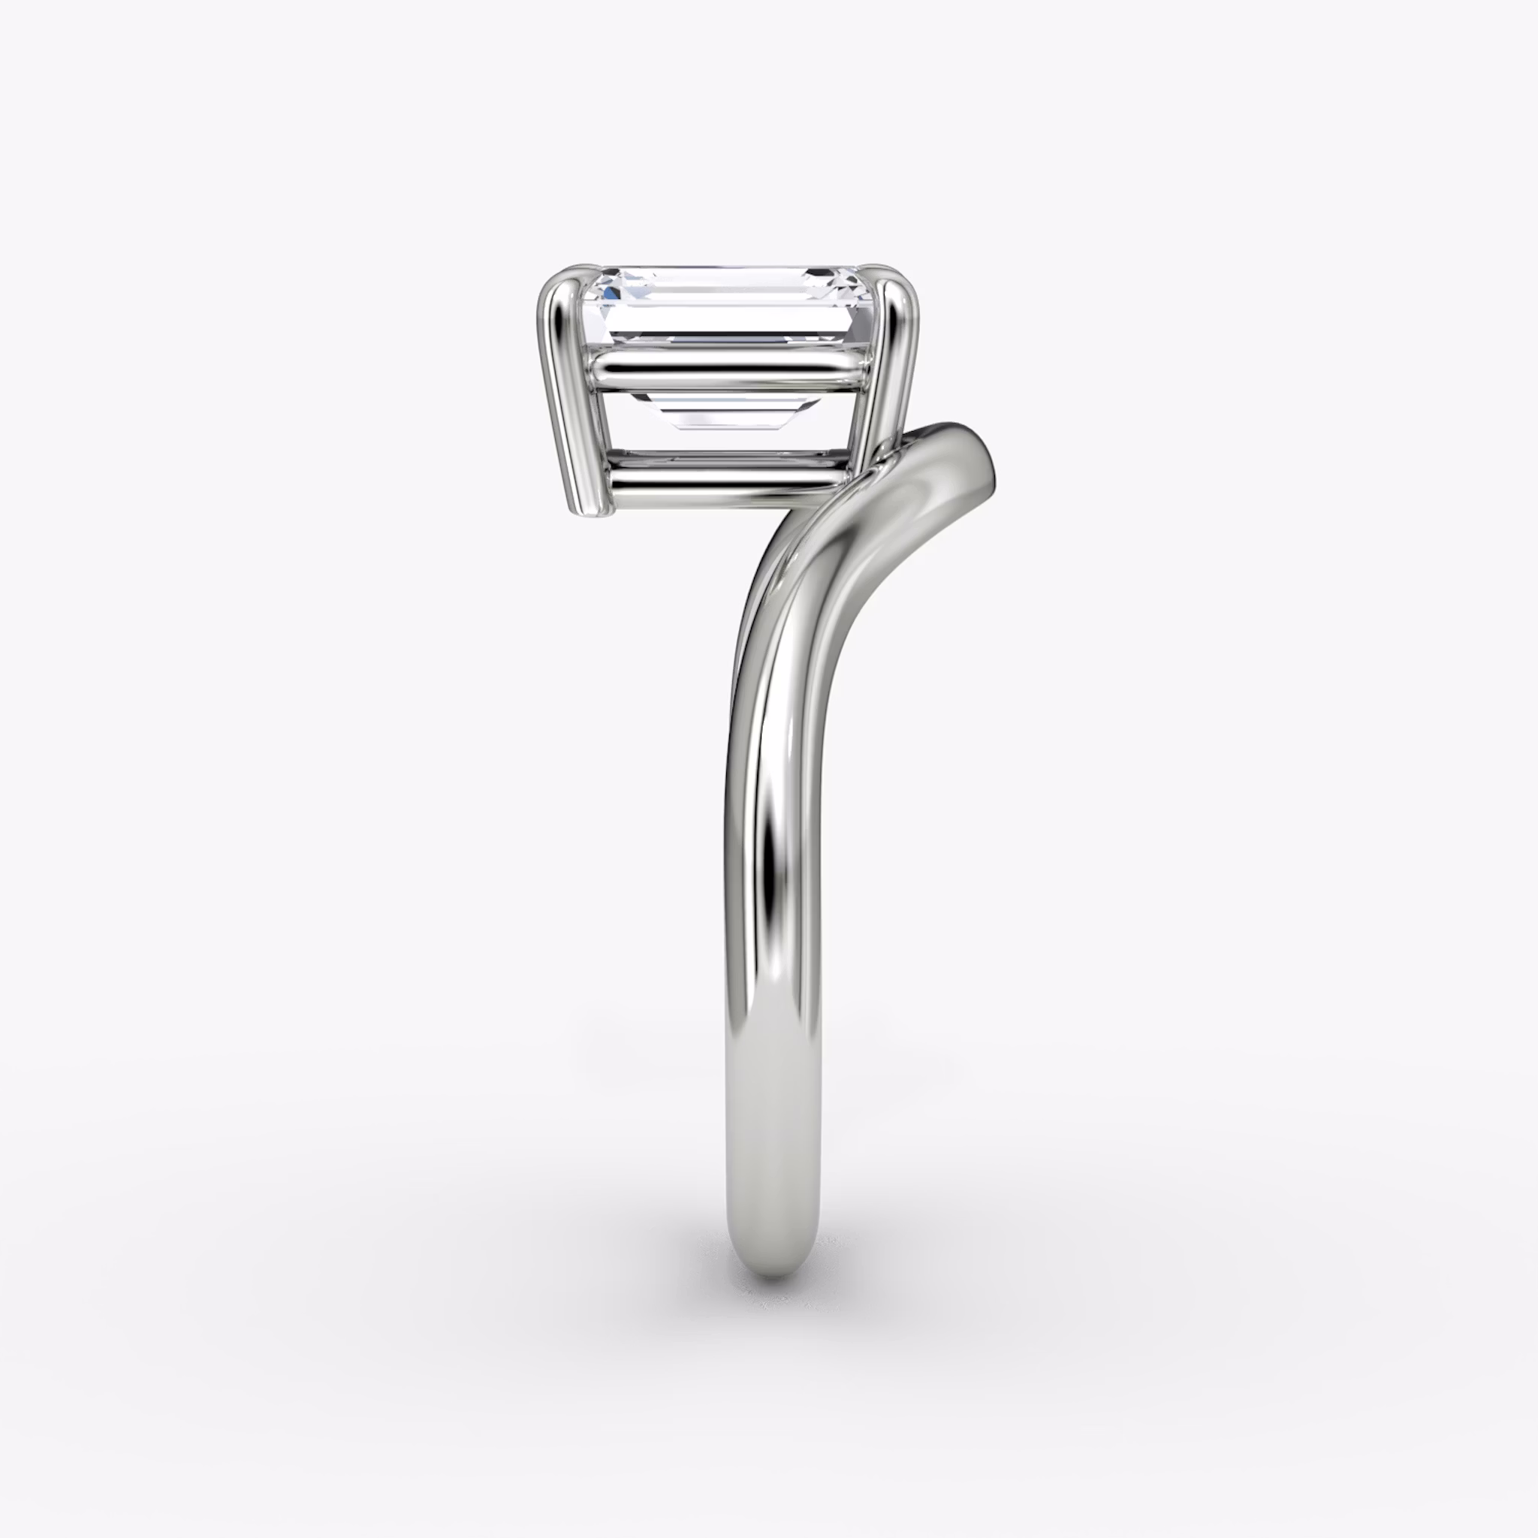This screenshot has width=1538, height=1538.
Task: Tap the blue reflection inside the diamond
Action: coord(611,292)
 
